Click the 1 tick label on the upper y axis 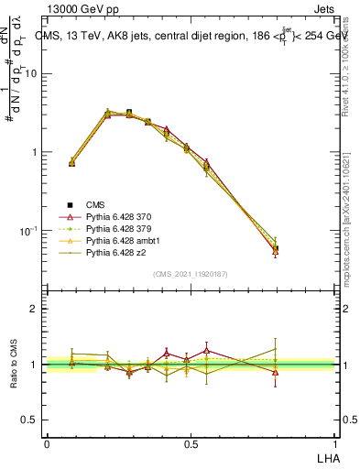pyautogui.click(x=34, y=152)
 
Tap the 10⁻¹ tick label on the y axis pyautogui.click(x=28, y=230)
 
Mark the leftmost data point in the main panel pyautogui.click(x=71, y=162)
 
